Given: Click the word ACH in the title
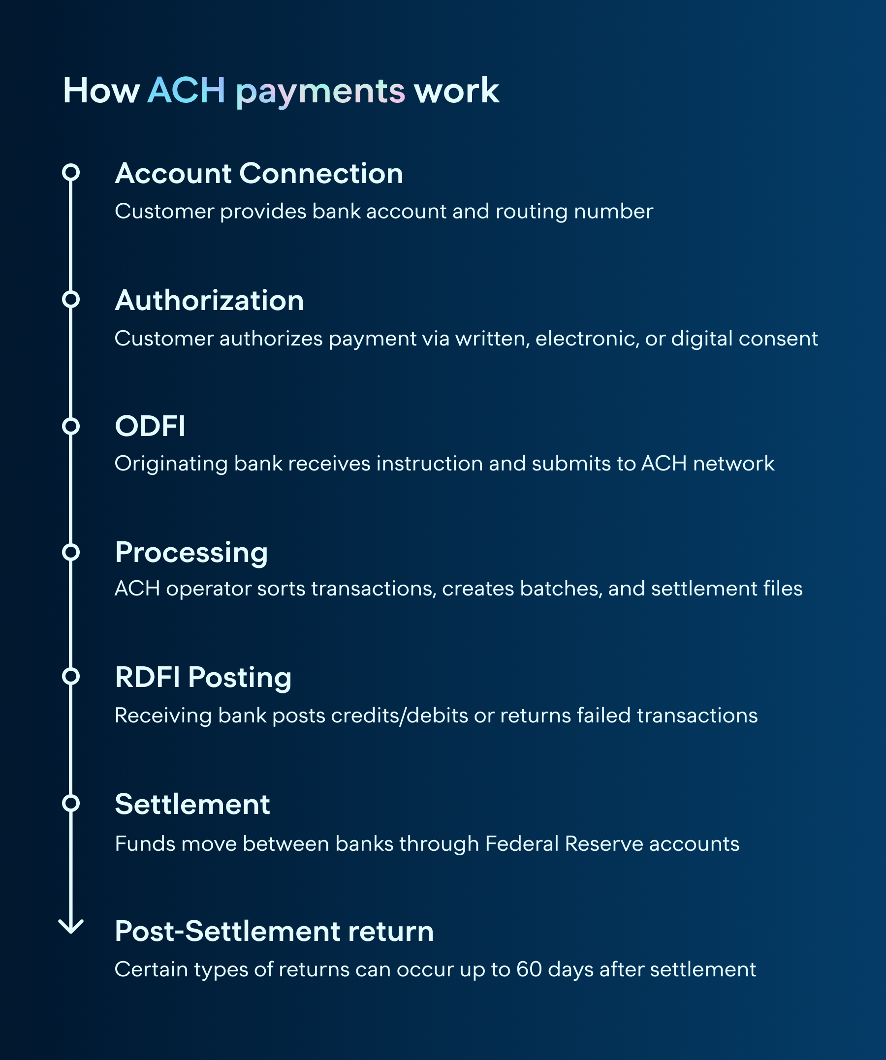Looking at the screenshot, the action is pos(186,91).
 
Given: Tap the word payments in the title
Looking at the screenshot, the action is pos(320,92).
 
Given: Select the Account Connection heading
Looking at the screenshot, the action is pos(258,174).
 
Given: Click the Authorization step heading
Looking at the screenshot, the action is pos(209,301).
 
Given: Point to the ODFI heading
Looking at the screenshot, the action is pos(150,426).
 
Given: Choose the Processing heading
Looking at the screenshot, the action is pos(191,552).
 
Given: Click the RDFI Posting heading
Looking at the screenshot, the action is pos(203,678).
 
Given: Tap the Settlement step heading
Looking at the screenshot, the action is pos(192,804).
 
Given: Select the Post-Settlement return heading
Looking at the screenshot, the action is pos(274,931).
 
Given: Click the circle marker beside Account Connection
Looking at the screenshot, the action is pos(71,173).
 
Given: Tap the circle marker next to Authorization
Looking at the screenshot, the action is pos(71,299).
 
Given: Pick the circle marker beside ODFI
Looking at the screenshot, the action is pos(71,427).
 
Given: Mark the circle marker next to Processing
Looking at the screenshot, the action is pos(71,552).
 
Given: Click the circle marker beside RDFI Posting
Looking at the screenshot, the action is pos(71,676).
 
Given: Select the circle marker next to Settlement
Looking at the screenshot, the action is pos(71,803).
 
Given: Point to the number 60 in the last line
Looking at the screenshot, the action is pos(529,969).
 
